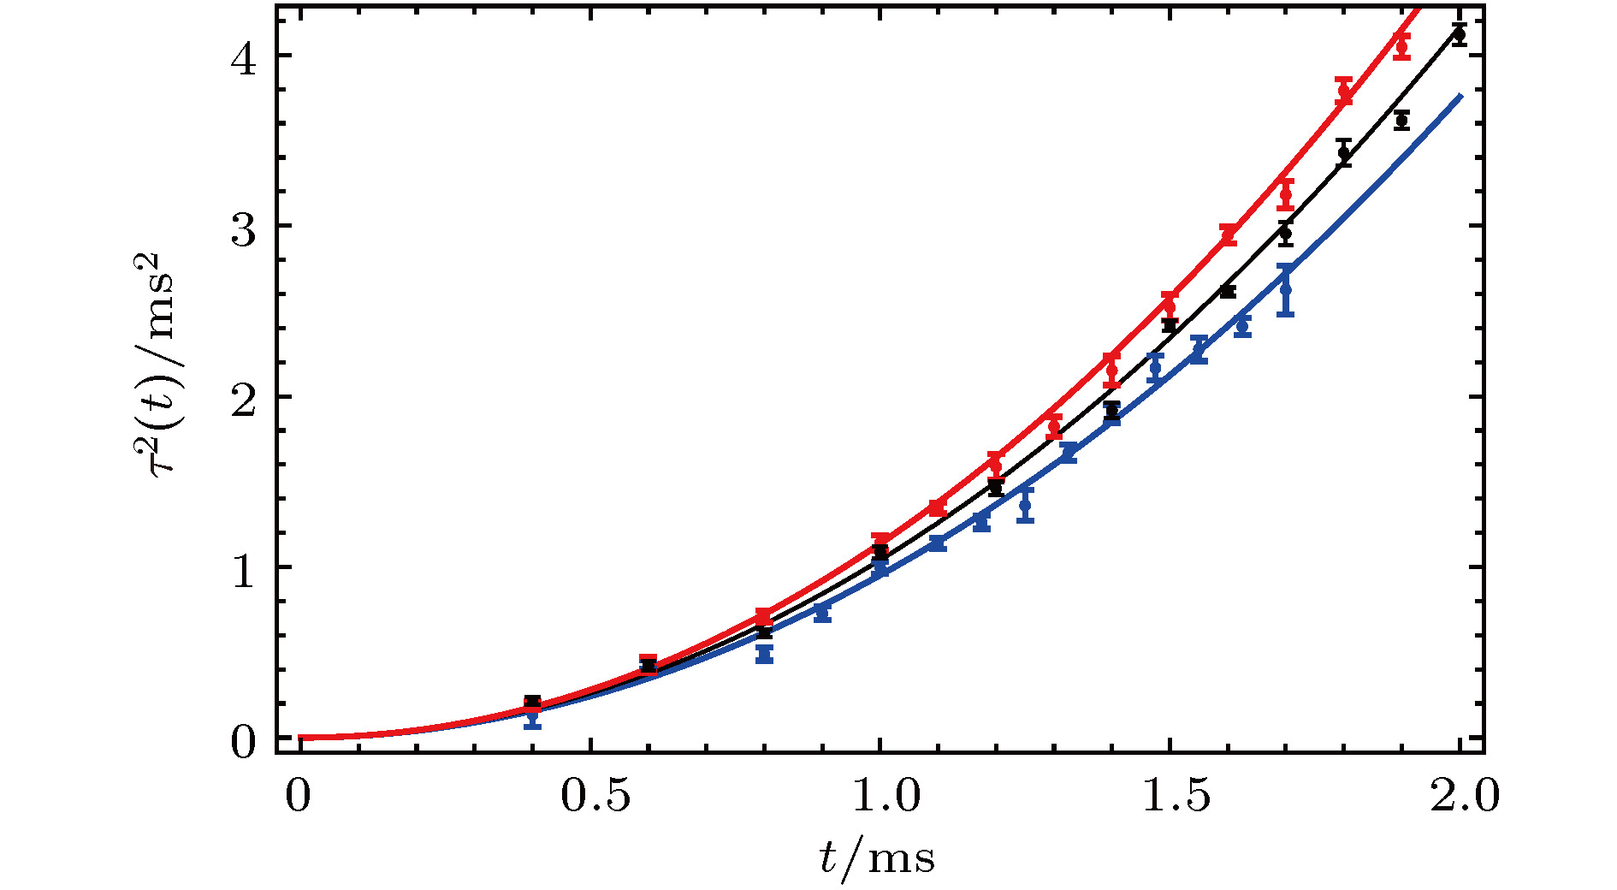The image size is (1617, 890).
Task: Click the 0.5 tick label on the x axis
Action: pos(596,796)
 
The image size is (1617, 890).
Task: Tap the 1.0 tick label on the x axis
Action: pos(885,796)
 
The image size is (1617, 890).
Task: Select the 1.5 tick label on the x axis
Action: pos(1176,796)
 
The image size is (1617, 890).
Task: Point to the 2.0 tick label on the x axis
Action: pos(1465,796)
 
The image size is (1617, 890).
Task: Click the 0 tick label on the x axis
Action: pos(299,796)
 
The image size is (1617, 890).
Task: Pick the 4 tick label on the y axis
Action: pos(246,58)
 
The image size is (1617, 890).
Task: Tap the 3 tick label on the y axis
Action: pos(246,228)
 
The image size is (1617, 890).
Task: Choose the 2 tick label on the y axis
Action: pos(246,399)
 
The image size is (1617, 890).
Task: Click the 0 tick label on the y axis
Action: pos(246,741)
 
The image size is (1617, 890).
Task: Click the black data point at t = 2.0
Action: pos(1459,34)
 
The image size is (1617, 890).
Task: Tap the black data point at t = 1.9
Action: pos(1401,121)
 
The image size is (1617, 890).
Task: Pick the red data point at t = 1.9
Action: pos(1401,45)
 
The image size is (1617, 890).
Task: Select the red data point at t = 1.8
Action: pos(1343,91)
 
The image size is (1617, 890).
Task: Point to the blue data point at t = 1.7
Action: pos(1285,290)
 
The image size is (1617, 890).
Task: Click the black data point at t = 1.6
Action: pos(1228,292)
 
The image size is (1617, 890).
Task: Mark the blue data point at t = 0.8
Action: pos(764,655)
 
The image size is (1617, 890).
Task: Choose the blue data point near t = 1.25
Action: pos(1025,505)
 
